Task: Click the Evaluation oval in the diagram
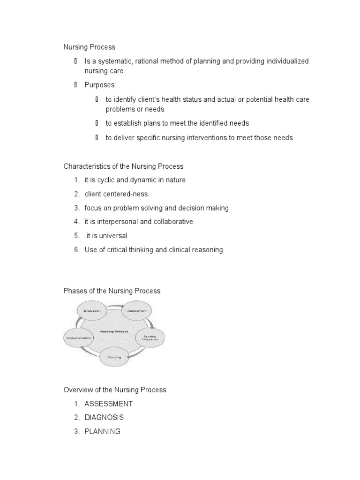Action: point(92,311)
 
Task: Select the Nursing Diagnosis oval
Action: point(150,337)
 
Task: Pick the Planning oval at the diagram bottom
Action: point(115,357)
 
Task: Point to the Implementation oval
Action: point(78,337)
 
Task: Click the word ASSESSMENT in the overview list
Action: point(109,404)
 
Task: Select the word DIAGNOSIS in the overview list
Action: point(104,417)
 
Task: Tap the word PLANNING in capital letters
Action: point(103,431)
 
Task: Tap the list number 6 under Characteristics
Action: point(76,249)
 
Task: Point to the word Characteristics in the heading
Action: point(87,166)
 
